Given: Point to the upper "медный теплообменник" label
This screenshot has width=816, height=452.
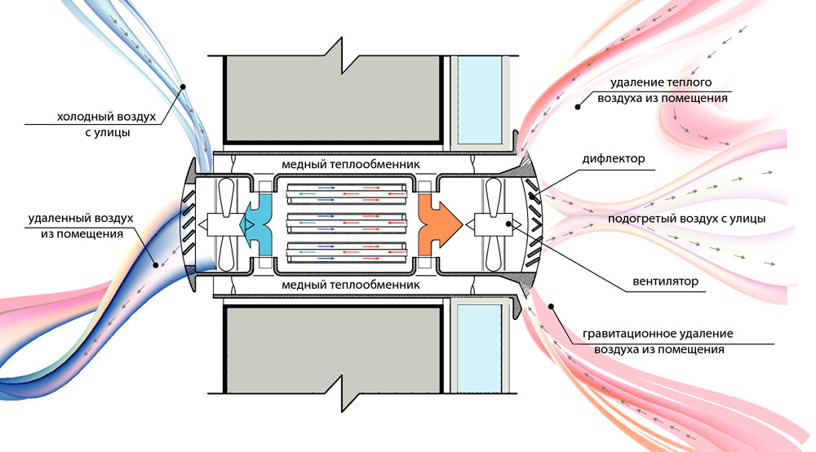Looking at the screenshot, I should [x=351, y=164].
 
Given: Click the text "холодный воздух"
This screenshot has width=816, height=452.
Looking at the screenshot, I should [x=105, y=115].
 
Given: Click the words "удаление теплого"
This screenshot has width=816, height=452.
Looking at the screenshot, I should [x=662, y=82].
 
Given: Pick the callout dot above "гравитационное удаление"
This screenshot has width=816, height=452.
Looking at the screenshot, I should [x=553, y=308].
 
